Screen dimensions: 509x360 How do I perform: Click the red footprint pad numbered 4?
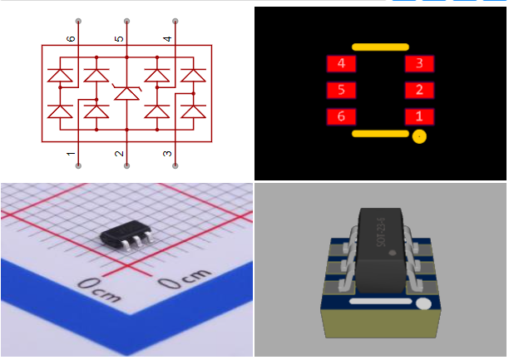point(341,64)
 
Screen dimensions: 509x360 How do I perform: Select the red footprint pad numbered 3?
point(419,64)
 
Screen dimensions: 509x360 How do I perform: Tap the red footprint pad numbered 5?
point(341,91)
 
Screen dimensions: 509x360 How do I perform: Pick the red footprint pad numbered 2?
point(419,91)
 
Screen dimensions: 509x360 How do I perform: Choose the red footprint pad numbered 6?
point(341,117)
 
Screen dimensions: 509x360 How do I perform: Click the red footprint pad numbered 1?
point(419,117)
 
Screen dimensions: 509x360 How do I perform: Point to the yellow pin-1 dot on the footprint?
point(420,136)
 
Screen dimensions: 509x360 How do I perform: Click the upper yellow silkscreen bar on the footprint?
point(380,47)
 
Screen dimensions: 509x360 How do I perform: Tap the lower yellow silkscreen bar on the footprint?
point(380,133)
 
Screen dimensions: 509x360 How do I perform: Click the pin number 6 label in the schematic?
point(72,39)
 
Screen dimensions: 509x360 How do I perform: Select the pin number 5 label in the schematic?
point(120,39)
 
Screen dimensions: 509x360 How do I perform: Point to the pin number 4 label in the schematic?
point(168,39)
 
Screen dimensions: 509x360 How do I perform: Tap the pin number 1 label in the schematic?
point(72,154)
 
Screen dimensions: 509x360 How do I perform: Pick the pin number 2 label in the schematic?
point(120,154)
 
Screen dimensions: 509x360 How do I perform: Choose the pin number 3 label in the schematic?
point(168,154)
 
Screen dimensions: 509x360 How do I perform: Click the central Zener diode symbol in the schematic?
point(126,91)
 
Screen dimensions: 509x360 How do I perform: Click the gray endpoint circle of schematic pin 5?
point(126,20)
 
